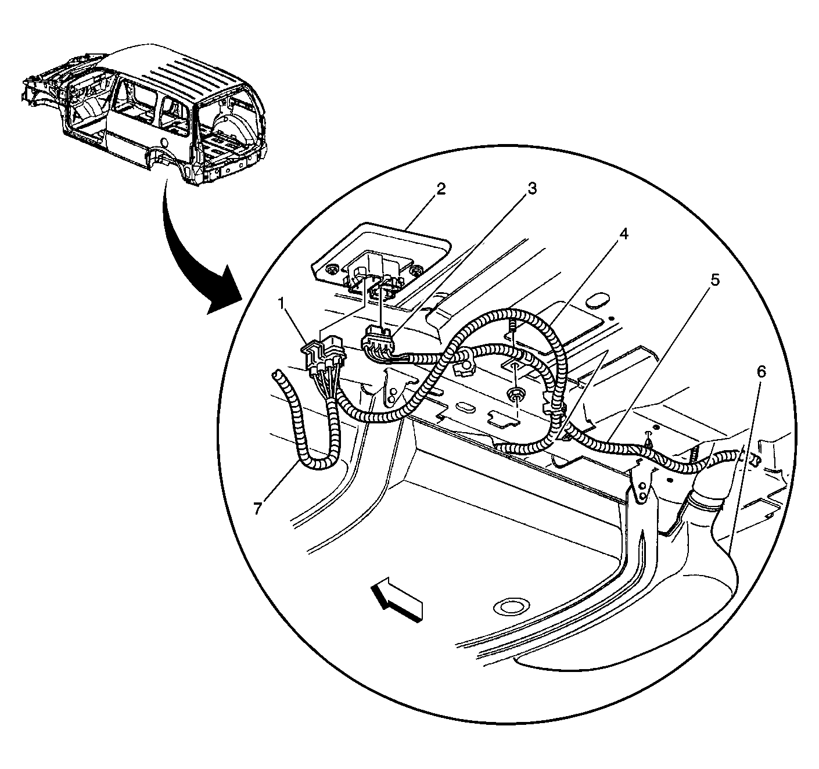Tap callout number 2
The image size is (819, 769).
coord(441,189)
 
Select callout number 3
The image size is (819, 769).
coord(531,189)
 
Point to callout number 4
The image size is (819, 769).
coord(623,233)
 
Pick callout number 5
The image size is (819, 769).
coord(715,280)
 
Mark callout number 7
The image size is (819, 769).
coord(257,508)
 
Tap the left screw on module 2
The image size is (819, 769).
coord(332,269)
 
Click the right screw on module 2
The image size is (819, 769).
coord(415,271)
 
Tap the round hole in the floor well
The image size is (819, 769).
coord(509,608)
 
